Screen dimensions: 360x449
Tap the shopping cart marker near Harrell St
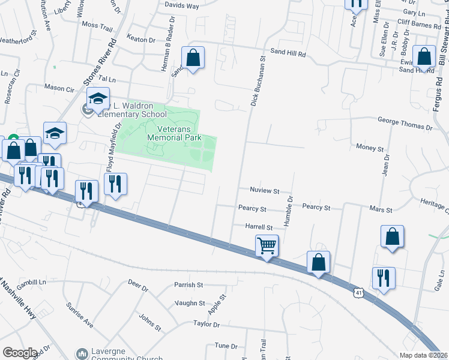click(267, 245)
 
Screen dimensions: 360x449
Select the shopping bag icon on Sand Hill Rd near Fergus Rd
click(424, 58)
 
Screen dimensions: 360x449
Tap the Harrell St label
click(259, 227)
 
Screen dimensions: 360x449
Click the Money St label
click(370, 148)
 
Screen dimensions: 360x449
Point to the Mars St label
click(381, 211)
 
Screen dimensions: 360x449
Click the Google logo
click(20, 352)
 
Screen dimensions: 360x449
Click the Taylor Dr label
click(206, 324)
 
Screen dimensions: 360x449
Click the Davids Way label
click(182, 6)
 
